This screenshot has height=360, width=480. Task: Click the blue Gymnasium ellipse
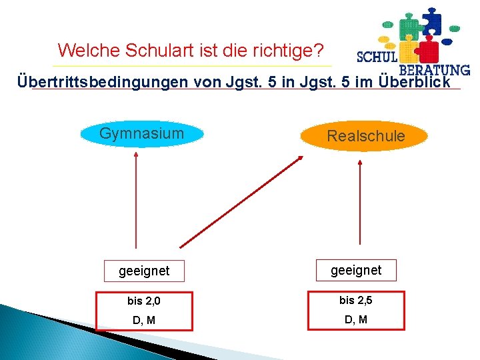tap(141, 134)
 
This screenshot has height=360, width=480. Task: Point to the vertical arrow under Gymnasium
tap(136, 200)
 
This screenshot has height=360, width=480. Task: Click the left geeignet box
tap(144, 271)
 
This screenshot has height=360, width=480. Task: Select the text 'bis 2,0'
tap(144, 301)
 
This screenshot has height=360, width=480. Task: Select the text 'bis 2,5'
tap(356, 301)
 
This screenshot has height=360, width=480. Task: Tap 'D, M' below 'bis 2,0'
tap(144, 320)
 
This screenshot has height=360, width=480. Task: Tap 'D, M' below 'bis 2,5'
tap(356, 320)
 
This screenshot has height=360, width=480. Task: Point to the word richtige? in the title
tap(293, 50)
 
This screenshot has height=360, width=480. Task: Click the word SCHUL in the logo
tap(378, 57)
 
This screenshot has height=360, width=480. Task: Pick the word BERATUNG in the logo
tap(434, 69)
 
